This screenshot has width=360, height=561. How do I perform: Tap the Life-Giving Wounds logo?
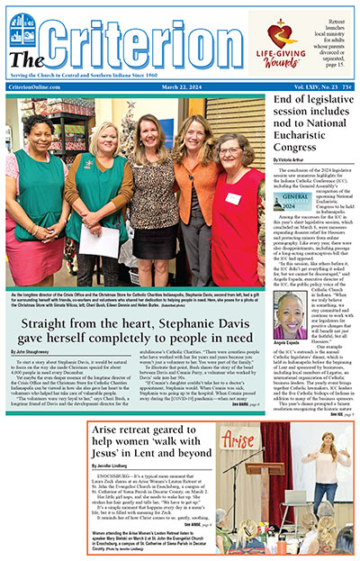tap(280, 46)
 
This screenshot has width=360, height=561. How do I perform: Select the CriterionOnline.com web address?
tap(35, 86)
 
